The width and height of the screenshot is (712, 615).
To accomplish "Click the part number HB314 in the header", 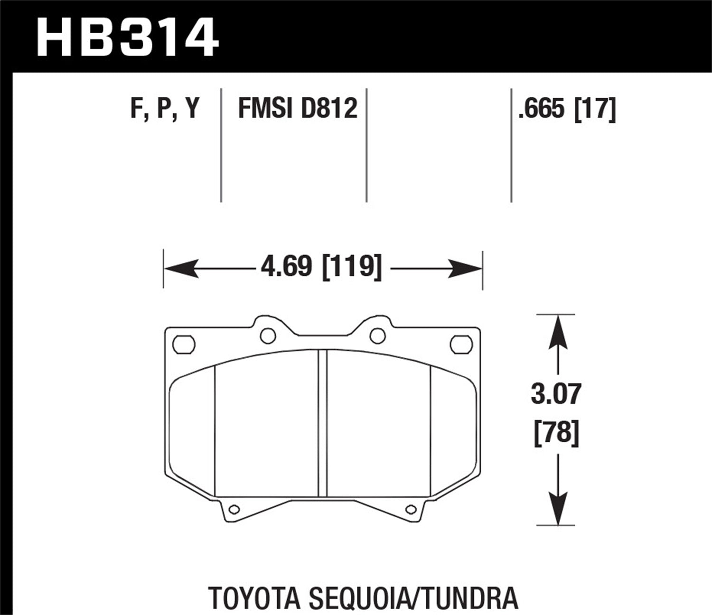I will point(127,37).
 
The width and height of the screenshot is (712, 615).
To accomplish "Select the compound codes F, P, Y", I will point(164,109).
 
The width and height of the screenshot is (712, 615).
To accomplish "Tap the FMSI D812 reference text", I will point(297,109).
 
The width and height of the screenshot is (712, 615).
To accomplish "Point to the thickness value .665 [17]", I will point(567,109).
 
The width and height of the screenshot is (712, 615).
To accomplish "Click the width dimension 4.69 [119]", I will point(321,267).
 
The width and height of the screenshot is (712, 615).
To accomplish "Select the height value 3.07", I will point(556,395).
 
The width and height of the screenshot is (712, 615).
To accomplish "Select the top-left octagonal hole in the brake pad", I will point(184,345).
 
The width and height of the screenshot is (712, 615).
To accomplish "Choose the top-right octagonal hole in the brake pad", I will point(461,345).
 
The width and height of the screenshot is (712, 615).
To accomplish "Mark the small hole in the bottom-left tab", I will point(233,510).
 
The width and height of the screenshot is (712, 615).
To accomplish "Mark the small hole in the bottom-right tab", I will point(410,510).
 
